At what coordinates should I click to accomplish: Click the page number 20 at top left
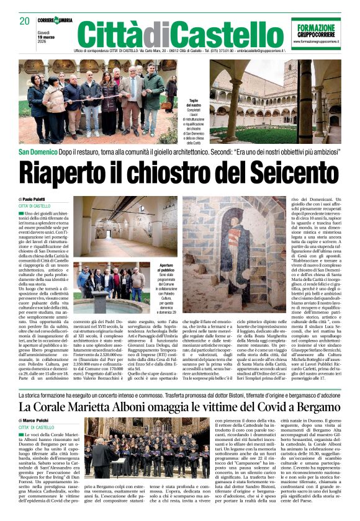tap(25, 21)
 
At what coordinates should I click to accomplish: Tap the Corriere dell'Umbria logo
tap(54, 20)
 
